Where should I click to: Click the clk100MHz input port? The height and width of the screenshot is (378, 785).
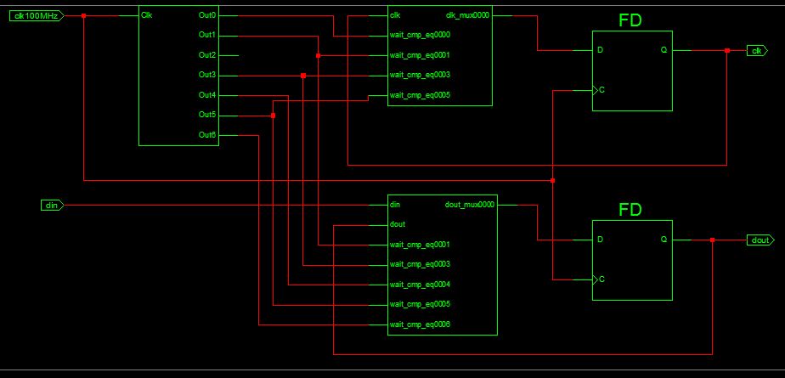tap(33, 16)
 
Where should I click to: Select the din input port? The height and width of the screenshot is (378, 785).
tap(52, 205)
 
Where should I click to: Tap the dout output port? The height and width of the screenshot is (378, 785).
tap(759, 240)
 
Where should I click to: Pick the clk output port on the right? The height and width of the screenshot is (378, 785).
tap(756, 51)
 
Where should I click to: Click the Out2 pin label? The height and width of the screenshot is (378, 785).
tap(207, 55)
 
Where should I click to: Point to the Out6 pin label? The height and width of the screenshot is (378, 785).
tap(207, 135)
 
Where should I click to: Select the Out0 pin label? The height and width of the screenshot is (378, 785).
tap(207, 16)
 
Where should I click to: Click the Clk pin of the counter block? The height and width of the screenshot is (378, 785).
tap(148, 16)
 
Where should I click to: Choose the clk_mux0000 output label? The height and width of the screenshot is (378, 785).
tap(467, 16)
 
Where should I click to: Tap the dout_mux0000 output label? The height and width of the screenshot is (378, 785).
tap(469, 205)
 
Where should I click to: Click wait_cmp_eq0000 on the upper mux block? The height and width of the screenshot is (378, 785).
tap(420, 36)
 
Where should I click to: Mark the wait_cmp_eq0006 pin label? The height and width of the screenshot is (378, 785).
tap(420, 324)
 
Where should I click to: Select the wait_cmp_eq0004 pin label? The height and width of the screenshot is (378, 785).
tap(420, 285)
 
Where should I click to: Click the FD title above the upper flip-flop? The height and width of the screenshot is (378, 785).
tap(630, 20)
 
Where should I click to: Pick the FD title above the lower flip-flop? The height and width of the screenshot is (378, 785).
tap(630, 209)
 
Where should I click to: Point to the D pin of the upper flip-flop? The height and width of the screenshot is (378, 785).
tap(601, 51)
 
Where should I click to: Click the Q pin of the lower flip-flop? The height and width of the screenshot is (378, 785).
tap(664, 240)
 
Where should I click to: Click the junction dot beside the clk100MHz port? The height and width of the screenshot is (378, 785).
tap(83, 16)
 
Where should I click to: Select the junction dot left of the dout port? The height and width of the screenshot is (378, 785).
tap(712, 240)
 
